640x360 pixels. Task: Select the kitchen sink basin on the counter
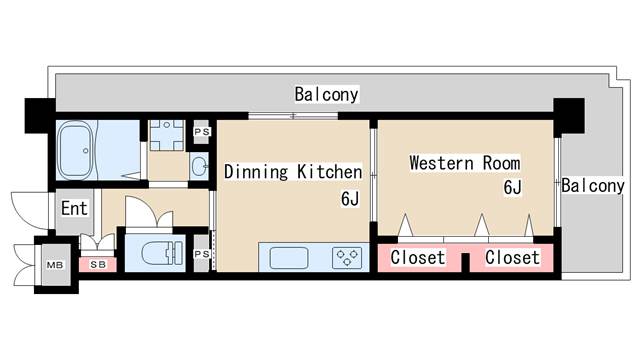click(289, 258)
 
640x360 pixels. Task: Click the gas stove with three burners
click(347, 258)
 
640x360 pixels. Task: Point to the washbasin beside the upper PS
click(199, 166)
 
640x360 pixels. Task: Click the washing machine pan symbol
click(166, 135)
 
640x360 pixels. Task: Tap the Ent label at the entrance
click(74, 208)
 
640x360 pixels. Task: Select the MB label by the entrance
click(55, 265)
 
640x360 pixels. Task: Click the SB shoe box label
click(98, 264)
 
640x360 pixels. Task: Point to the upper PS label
click(202, 132)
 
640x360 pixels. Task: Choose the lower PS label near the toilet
click(202, 254)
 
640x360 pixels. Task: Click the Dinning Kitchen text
click(293, 171)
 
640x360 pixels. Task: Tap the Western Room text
click(465, 163)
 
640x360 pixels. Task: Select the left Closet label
click(418, 258)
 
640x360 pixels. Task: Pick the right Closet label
click(512, 258)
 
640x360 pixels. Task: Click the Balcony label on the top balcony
click(327, 94)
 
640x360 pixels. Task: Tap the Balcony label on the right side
click(593, 186)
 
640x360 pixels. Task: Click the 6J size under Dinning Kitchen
click(350, 199)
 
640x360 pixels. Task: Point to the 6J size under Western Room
click(512, 187)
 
